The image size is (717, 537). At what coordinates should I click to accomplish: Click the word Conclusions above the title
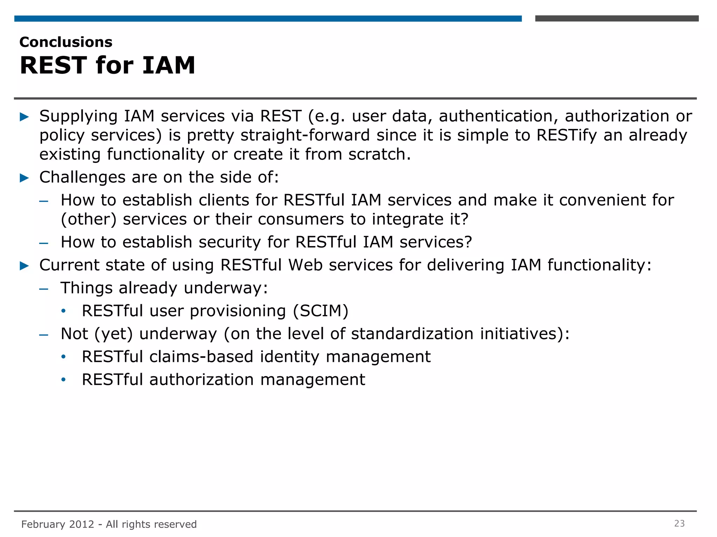[66, 42]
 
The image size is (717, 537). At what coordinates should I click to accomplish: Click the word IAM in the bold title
[168, 65]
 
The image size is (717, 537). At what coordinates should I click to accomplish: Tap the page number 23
[679, 523]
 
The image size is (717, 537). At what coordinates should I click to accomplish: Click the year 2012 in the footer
[82, 524]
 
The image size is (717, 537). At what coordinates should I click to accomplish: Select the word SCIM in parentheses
[320, 311]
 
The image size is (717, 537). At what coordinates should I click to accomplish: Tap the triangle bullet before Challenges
[25, 178]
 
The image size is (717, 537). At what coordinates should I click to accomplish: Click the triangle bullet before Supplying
[25, 117]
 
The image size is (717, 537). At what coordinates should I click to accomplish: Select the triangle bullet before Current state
[25, 266]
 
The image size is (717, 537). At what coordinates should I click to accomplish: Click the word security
[230, 242]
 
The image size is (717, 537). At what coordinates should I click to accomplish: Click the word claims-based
[201, 357]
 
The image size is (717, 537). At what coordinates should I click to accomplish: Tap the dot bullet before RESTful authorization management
[63, 380]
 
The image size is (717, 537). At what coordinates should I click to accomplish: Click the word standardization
[412, 334]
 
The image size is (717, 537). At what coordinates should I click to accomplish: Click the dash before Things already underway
[44, 289]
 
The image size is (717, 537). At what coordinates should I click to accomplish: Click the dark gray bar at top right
[617, 19]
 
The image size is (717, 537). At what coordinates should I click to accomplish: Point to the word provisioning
[238, 311]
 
